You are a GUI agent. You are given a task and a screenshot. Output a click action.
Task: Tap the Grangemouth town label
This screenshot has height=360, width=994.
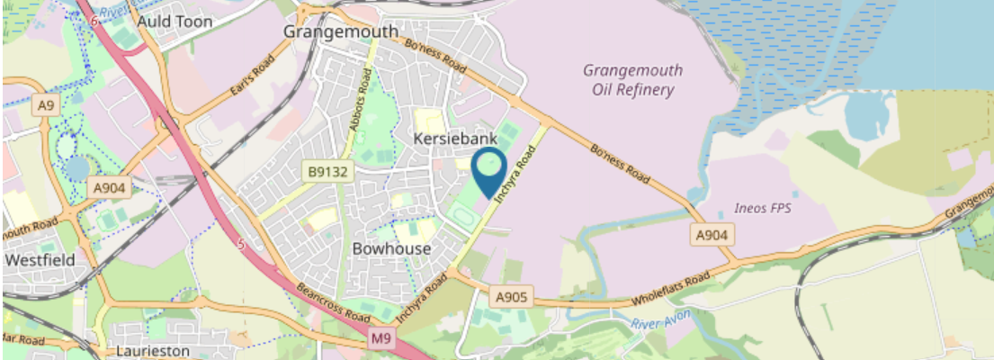[340, 31]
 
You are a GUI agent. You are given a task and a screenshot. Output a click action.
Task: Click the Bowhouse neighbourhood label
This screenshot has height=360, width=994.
[392, 247]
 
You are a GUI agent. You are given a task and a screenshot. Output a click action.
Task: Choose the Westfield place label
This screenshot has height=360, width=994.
[38, 259]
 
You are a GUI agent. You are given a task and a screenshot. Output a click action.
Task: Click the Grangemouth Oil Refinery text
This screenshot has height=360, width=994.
[632, 80]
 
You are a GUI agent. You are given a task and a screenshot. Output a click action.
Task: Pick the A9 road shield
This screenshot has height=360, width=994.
[45, 106]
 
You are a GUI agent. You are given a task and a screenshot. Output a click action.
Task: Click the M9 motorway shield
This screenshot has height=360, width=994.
[381, 337]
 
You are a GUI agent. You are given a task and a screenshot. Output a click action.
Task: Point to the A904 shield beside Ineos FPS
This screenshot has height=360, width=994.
[713, 235]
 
